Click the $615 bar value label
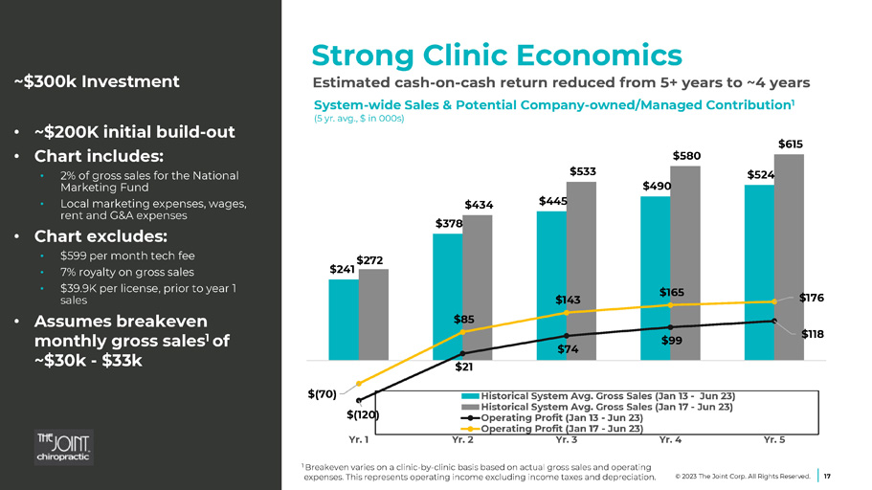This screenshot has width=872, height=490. tap(790, 145)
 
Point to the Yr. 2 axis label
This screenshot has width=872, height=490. tap(463, 440)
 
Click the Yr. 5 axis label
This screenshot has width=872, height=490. tap(774, 440)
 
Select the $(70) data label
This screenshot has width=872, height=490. tap(323, 393)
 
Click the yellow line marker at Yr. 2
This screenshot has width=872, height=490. tap(462, 331)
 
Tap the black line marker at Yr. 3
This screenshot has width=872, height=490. tap(567, 335)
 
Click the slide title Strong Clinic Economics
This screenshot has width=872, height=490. tap(497, 54)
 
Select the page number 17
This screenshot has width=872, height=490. tap(828, 475)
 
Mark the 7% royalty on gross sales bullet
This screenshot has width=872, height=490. tap(126, 272)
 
